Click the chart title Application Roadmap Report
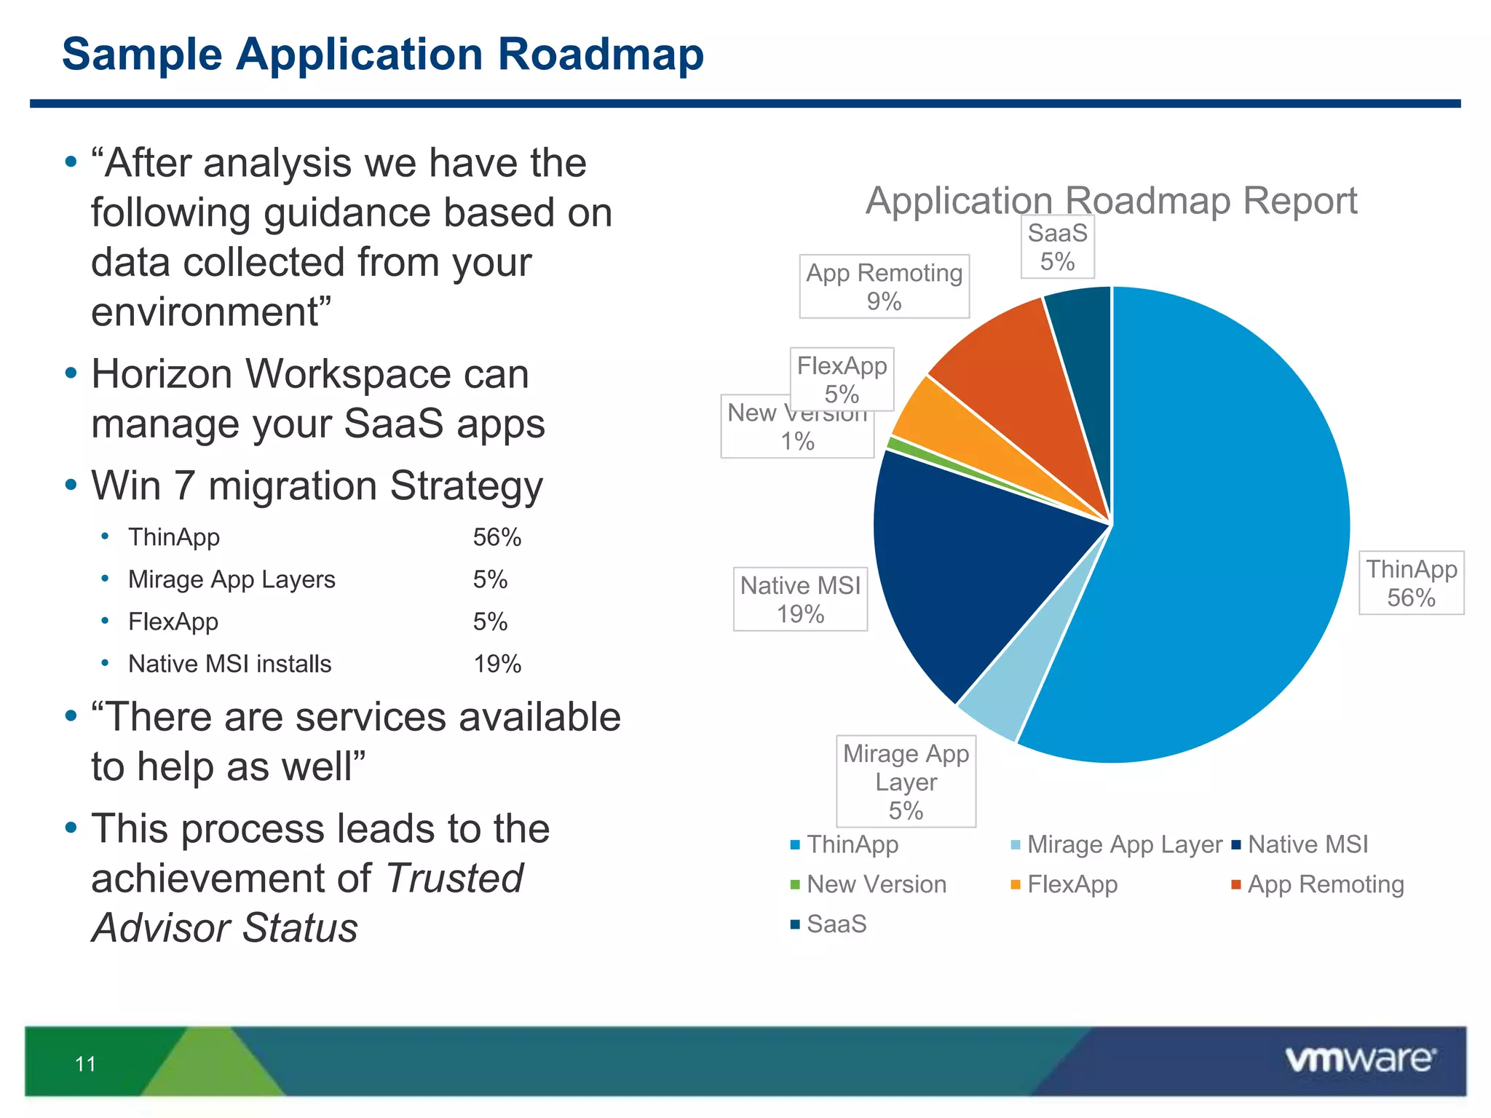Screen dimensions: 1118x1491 click(1111, 200)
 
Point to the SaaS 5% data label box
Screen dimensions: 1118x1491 click(1057, 247)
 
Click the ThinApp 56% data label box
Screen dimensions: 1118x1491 click(1411, 583)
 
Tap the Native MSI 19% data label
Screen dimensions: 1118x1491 click(800, 599)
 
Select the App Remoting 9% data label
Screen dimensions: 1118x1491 click(884, 286)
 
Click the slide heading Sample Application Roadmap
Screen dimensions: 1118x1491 click(383, 55)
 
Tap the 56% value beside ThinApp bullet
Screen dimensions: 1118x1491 click(497, 537)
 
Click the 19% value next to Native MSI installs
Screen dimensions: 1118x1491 click(497, 664)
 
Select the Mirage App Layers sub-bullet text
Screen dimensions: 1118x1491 click(232, 579)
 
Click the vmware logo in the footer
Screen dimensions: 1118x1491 click(1360, 1060)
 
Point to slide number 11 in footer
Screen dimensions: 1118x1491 click(85, 1064)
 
